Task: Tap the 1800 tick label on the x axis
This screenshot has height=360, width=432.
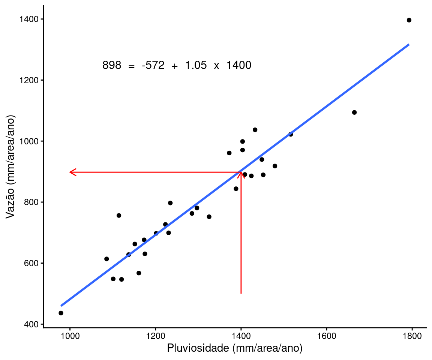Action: pos(412,335)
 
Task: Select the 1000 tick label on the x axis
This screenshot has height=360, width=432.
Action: pos(70,335)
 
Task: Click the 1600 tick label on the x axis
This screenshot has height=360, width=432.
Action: pos(327,335)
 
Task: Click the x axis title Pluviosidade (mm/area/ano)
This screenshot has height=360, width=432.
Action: pos(235,348)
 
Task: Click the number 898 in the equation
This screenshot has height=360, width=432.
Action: pos(112,66)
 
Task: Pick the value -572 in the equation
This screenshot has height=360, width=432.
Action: pos(153,66)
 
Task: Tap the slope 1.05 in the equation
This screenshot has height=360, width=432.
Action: pos(195,66)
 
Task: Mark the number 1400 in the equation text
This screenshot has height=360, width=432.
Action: pos(239,66)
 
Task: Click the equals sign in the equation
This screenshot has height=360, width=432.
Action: pos(131,66)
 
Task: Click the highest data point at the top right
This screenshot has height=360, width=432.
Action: pos(409,20)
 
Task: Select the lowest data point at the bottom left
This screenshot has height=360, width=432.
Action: pos(61,313)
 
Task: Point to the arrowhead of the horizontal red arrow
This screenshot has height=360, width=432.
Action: pos(71,172)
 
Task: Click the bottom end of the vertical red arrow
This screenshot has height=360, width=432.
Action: pos(241,293)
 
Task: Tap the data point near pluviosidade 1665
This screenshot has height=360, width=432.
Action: pos(354,112)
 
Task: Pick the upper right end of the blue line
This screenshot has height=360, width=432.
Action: pos(409,45)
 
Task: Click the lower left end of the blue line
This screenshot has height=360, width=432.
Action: pos(61,306)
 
